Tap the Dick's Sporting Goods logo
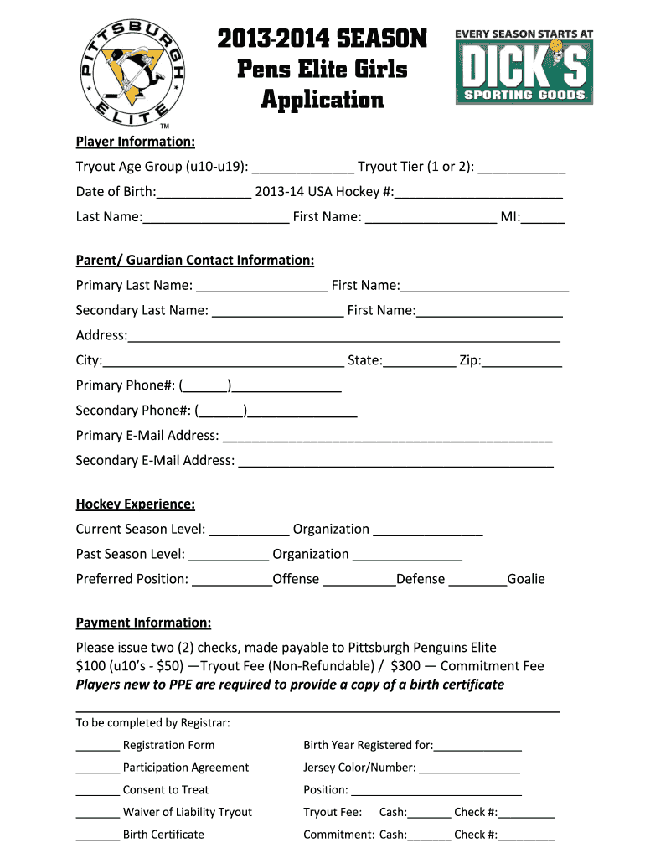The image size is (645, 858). point(524,67)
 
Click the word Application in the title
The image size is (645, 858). point(322,100)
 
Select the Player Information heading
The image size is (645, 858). point(136,142)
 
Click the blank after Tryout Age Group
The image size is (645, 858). point(302,168)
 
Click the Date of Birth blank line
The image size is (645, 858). point(204,193)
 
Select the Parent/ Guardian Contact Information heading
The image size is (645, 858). point(195,261)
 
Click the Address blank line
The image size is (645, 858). point(343,336)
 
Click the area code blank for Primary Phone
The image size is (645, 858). point(206,386)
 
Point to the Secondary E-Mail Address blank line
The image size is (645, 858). point(395,461)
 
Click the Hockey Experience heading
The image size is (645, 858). point(136,504)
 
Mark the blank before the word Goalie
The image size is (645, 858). point(477,579)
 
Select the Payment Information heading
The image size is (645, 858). point(143,623)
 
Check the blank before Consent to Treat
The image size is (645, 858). point(97,790)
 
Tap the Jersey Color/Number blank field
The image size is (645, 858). point(469,768)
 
